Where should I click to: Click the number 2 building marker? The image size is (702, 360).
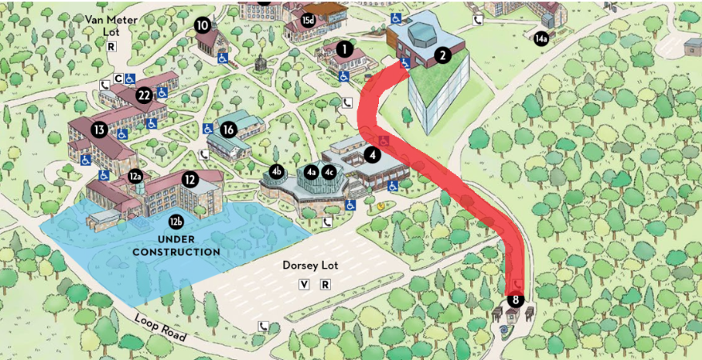441,55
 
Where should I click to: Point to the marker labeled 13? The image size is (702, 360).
99,130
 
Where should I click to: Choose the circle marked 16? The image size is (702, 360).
229,130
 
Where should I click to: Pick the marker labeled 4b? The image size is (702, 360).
276,170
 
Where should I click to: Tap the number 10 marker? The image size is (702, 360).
202,25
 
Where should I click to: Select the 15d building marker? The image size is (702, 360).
309,19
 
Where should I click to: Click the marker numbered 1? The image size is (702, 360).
345,49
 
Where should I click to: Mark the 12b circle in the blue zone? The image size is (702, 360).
176,221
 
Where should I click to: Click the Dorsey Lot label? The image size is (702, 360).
309,265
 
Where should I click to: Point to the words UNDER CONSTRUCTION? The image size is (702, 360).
177,246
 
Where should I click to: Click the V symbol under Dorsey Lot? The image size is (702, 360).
304,285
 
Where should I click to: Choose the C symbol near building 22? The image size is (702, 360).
118,78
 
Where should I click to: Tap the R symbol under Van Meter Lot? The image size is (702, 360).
111,46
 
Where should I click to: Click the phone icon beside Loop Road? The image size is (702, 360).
263,326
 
